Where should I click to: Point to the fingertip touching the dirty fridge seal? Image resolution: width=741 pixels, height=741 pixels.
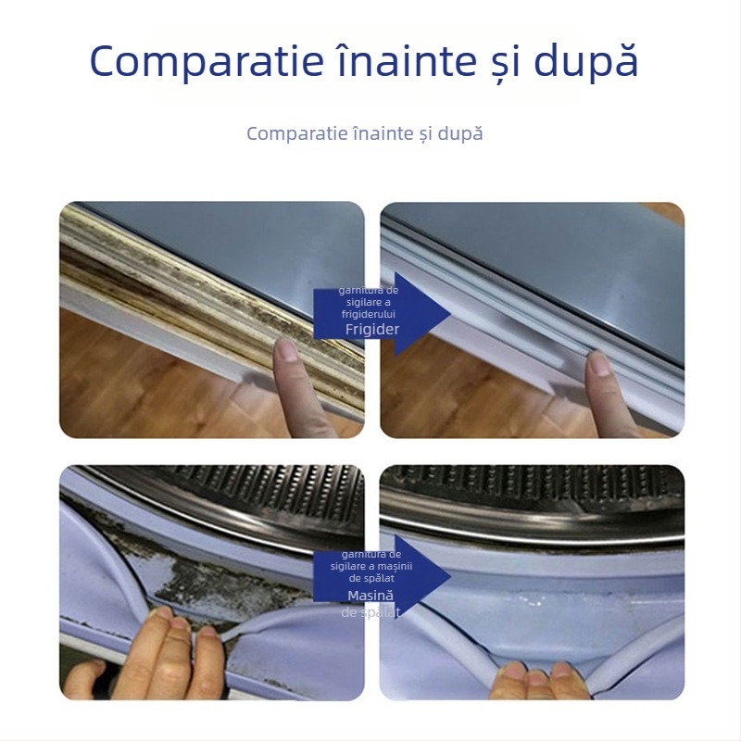click(x=286, y=351)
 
